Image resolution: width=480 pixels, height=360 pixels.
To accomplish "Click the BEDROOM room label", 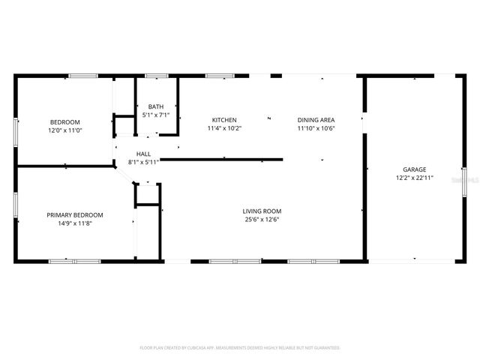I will (x=64, y=122).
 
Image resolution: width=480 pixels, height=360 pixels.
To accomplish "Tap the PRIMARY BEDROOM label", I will (x=75, y=215).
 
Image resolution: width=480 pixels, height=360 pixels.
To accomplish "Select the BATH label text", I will (x=156, y=107).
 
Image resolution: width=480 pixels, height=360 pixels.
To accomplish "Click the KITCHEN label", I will (x=224, y=120).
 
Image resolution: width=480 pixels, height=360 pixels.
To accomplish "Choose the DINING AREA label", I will (x=316, y=120).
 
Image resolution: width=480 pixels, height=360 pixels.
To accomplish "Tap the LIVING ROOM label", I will (x=262, y=211).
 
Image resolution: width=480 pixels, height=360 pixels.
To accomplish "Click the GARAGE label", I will (x=414, y=170).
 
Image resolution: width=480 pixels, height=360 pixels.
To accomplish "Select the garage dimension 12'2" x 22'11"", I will (x=414, y=178).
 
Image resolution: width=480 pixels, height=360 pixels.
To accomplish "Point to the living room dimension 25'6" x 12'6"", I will (x=262, y=220).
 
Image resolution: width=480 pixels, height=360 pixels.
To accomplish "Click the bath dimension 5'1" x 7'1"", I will (x=156, y=115).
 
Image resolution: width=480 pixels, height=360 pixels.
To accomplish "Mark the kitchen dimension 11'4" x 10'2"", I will (x=224, y=128).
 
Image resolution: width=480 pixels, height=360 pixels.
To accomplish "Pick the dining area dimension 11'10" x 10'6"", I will (x=316, y=128).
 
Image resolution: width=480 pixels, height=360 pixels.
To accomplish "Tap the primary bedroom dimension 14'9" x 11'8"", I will (x=75, y=223).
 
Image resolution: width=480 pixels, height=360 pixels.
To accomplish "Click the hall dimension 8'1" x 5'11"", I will (x=143, y=162).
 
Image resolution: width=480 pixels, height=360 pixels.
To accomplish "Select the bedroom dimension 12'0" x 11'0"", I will (x=64, y=130).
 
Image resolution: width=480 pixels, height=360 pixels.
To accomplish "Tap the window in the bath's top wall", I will (x=156, y=76).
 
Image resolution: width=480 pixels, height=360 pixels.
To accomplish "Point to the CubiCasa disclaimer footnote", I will (x=240, y=348).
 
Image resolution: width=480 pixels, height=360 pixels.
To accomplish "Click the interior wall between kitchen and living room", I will (x=225, y=159).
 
